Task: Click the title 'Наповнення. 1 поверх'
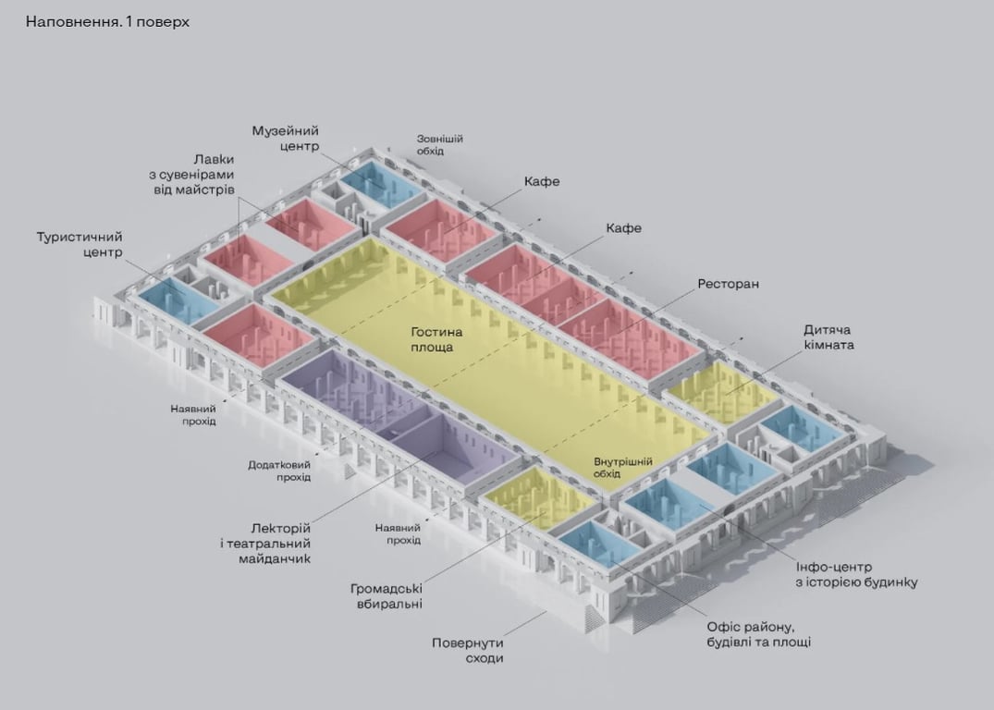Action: (107, 21)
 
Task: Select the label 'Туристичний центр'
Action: (80, 245)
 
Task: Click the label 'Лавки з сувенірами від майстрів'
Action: (194, 174)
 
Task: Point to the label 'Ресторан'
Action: (729, 284)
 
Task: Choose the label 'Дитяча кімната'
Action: (828, 337)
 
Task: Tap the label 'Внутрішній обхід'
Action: (623, 468)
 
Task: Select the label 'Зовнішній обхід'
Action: (439, 145)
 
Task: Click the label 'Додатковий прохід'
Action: (279, 471)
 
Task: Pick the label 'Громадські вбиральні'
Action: (387, 595)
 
